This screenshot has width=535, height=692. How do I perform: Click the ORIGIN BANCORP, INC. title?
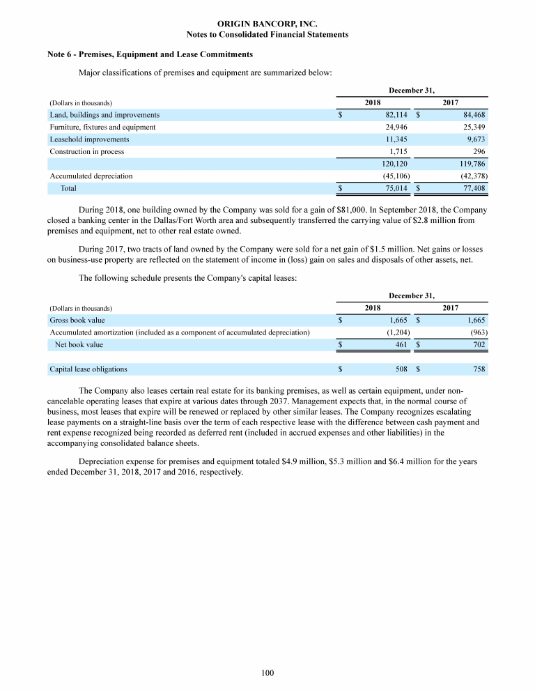click(267, 24)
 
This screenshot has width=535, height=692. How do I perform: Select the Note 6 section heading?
click(150, 54)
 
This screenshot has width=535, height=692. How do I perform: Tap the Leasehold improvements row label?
click(89, 139)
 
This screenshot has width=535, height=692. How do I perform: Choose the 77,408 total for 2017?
click(473, 188)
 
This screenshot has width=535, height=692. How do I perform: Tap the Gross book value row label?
click(77, 321)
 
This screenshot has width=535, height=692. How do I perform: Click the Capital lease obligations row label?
click(88, 369)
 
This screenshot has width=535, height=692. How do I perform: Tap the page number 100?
click(267, 672)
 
